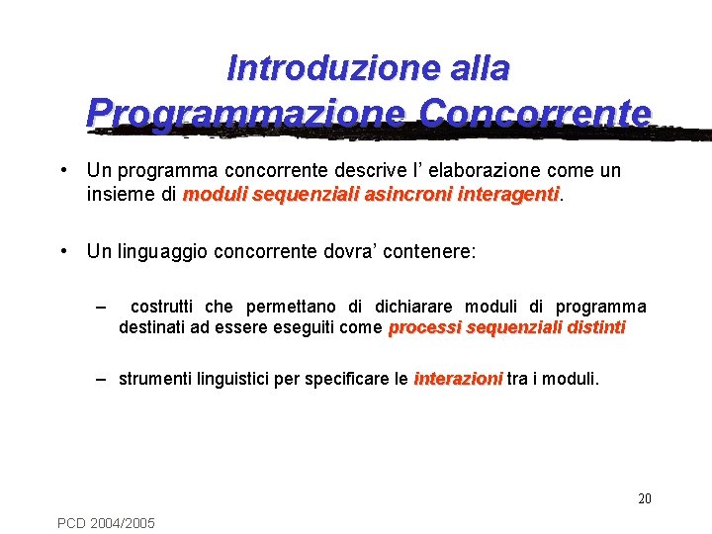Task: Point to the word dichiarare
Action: click(415, 308)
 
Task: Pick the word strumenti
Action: click(156, 379)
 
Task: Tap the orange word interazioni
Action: click(458, 379)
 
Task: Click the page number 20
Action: click(644, 498)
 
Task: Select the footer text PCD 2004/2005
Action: click(106, 522)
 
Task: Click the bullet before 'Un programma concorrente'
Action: click(63, 170)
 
